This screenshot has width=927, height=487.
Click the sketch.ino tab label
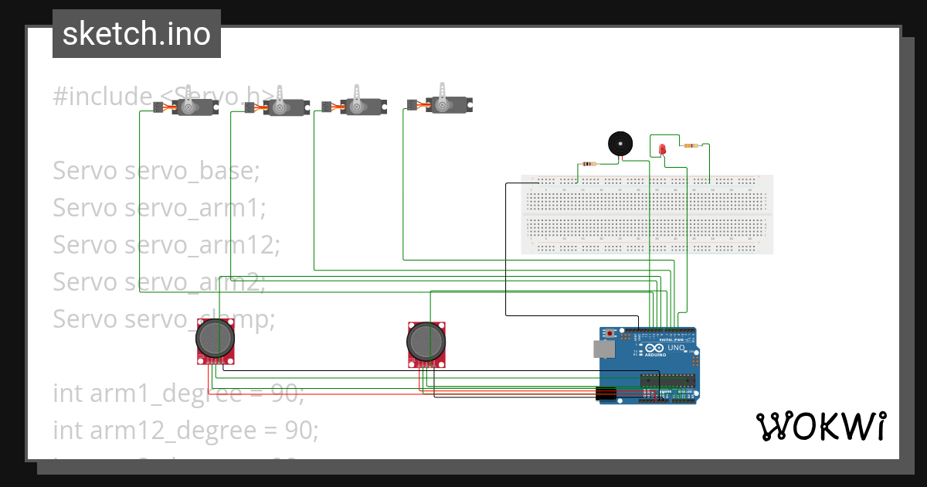pyautogui.click(x=136, y=34)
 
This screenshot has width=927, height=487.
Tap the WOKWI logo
pyautogui.click(x=820, y=426)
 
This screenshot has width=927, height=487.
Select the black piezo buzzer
pyautogui.click(x=620, y=144)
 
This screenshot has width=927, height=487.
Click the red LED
pyautogui.click(x=662, y=149)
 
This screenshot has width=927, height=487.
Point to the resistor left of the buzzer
pyautogui.click(x=589, y=163)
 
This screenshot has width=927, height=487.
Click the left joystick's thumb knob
pyautogui.click(x=216, y=337)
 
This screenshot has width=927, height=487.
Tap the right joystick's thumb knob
pyautogui.click(x=426, y=339)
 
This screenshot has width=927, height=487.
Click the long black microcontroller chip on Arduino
pyautogui.click(x=668, y=380)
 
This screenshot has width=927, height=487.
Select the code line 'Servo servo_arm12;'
pyautogui.click(x=166, y=245)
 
